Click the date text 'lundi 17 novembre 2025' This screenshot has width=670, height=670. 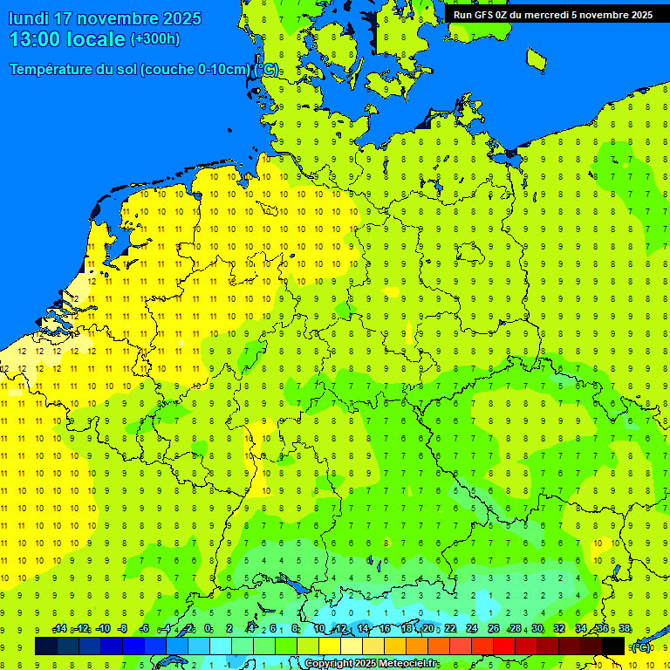(x=105, y=18)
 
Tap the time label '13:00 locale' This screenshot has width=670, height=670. (x=67, y=39)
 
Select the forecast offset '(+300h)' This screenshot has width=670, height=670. (x=154, y=39)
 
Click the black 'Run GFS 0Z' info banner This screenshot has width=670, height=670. (x=552, y=15)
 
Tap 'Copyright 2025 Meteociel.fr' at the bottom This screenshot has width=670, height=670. (x=371, y=664)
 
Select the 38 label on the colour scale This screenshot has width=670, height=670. (x=625, y=629)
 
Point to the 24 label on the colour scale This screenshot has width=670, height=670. (x=472, y=629)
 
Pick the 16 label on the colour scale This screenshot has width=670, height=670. (x=385, y=629)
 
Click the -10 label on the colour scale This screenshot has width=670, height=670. (x=102, y=629)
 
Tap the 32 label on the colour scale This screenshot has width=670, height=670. (x=559, y=629)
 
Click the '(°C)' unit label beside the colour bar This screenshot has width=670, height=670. (x=641, y=647)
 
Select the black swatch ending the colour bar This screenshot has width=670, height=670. (x=613, y=646)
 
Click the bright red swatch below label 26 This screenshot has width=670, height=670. (x=504, y=646)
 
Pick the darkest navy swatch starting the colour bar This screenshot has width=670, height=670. (x=46, y=646)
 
